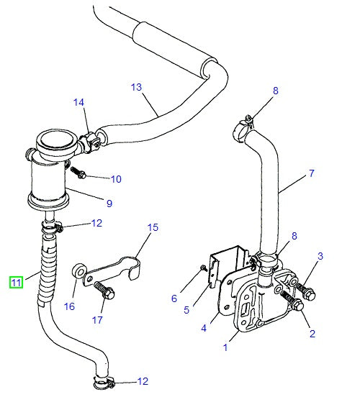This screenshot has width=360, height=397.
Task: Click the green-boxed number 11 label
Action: click(16, 283)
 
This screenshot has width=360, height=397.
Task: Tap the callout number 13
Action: click(137, 87)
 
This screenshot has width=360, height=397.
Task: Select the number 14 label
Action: click(78, 103)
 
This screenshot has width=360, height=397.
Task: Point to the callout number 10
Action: click(116, 178)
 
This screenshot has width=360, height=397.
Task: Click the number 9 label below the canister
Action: click(109, 204)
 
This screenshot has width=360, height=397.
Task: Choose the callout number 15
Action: click(153, 228)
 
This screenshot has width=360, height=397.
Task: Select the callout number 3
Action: click(320, 256)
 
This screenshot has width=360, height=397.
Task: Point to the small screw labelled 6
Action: click(204, 268)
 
